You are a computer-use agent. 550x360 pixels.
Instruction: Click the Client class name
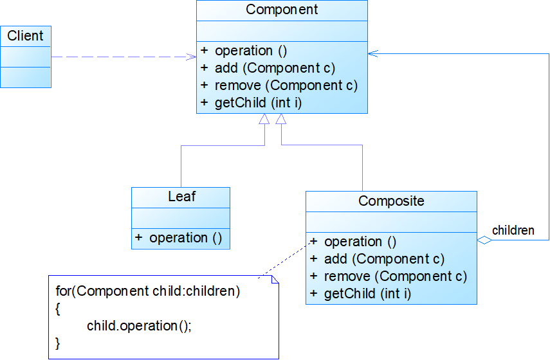point(25,36)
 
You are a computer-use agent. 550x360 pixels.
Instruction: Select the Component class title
point(282,10)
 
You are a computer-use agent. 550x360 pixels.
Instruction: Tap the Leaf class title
point(181,196)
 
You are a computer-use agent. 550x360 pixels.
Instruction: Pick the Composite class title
point(391,201)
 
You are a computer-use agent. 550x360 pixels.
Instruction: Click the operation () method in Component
point(251,51)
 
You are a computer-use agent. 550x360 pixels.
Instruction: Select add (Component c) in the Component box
point(275,68)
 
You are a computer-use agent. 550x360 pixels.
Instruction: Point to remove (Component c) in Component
point(286,85)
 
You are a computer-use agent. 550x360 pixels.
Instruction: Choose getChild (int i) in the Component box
point(258,103)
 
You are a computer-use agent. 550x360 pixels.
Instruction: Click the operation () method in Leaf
point(185,239)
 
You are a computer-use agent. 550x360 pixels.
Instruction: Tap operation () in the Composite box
point(360,242)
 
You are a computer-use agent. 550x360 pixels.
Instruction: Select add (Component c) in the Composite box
point(385,259)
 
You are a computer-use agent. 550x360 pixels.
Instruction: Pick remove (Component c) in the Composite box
point(396,276)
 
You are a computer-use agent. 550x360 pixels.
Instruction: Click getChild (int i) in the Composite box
point(367,294)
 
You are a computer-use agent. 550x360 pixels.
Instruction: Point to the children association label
point(513,231)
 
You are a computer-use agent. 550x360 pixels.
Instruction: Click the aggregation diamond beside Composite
point(484,240)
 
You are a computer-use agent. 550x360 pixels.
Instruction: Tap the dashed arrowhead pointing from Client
point(192,57)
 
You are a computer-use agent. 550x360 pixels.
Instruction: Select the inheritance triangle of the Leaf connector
point(264,119)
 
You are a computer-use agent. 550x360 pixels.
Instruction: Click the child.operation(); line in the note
point(139,326)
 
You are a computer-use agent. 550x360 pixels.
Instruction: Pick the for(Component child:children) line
point(148,291)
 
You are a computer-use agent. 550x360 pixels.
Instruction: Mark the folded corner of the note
point(275,279)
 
